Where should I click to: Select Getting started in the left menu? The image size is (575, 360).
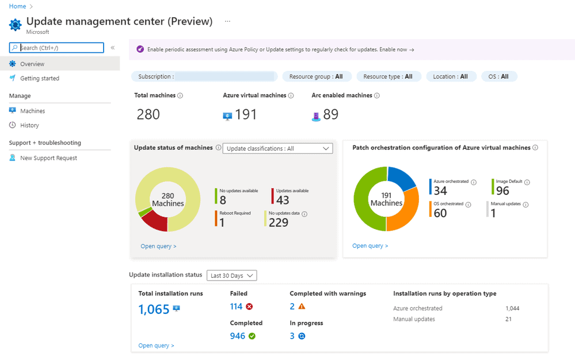pos(39,78)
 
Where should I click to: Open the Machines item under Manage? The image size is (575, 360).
pos(32,111)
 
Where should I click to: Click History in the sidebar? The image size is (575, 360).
pos(29,125)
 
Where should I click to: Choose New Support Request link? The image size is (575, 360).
pos(48,158)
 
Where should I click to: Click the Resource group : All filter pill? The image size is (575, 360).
pos(316,76)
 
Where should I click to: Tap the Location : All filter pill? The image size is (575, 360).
pos(451,76)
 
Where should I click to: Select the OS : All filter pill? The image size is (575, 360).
pos(498,76)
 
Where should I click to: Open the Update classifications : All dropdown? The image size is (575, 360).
pos(277,148)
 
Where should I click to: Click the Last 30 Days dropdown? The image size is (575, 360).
pos(231,275)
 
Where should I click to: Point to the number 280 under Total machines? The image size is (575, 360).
pos(148,114)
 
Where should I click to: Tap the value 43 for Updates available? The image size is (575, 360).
pos(283,200)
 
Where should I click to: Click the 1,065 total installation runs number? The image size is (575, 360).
pos(154,309)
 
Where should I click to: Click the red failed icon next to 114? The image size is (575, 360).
pos(249,307)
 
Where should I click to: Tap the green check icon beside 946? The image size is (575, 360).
pos(252,336)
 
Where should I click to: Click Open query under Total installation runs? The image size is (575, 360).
pos(156,346)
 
